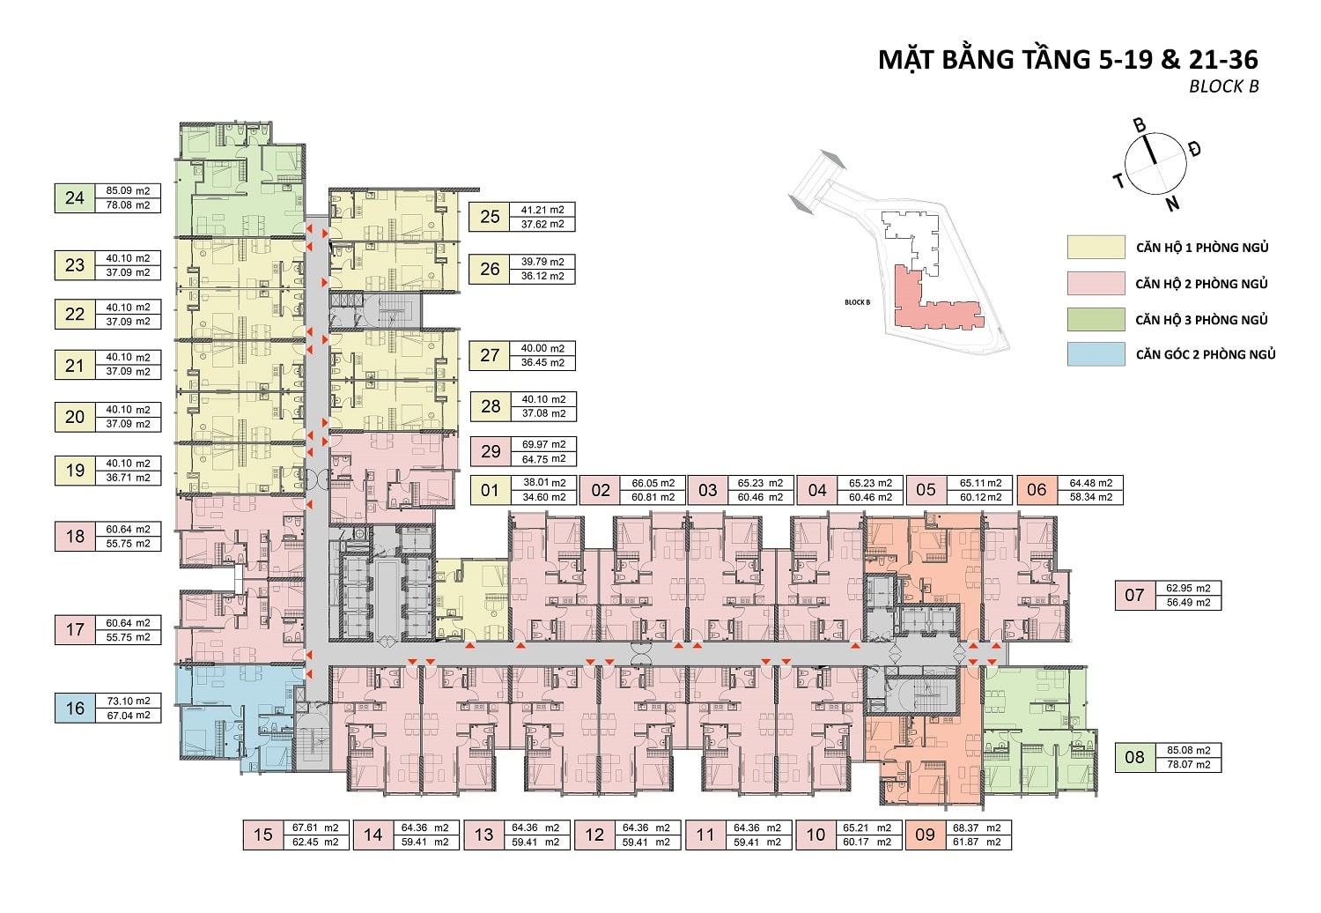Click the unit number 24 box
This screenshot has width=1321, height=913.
(x=75, y=197)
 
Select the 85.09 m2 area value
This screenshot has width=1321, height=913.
(x=129, y=189)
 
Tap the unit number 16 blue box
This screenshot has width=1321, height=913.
(x=75, y=708)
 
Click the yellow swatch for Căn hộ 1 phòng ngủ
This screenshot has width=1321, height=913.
(x=1096, y=247)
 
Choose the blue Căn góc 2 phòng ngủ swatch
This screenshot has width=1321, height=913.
(x=1096, y=354)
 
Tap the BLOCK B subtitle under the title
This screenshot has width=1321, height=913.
(x=1223, y=86)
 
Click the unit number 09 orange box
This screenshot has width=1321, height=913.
(x=924, y=835)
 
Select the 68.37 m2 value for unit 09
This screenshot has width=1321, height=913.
(x=980, y=828)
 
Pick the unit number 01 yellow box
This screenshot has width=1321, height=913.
(x=491, y=490)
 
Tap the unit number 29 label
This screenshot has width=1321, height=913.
(x=491, y=451)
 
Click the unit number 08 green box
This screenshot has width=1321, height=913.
(x=1134, y=757)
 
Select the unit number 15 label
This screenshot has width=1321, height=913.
(x=263, y=835)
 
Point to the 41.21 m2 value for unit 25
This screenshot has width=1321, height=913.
(x=543, y=210)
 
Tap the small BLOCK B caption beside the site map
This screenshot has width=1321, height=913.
(x=856, y=302)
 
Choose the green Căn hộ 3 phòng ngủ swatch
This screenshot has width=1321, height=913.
(x=1096, y=319)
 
